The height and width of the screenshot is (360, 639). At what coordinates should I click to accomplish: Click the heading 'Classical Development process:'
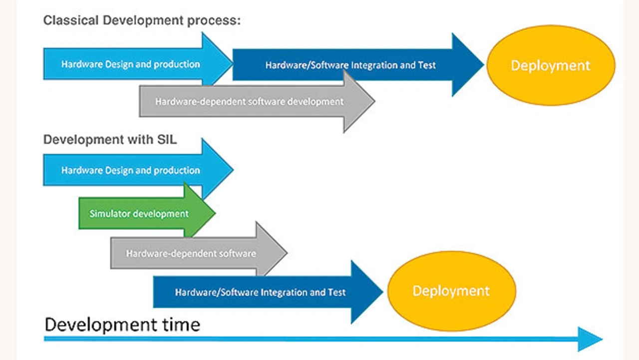pyautogui.click(x=142, y=20)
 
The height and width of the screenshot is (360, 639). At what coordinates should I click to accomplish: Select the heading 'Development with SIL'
pyautogui.click(x=110, y=140)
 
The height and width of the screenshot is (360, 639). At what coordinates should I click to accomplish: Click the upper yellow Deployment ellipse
pyautogui.click(x=551, y=65)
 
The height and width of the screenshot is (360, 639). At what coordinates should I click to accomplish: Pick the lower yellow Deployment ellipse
pyautogui.click(x=452, y=291)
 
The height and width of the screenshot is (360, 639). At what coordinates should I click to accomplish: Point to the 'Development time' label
pyautogui.click(x=122, y=325)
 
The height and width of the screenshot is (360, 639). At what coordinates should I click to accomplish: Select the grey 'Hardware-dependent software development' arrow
pyautogui.click(x=257, y=101)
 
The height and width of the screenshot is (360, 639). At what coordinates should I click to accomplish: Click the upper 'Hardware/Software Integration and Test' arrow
pyautogui.click(x=358, y=65)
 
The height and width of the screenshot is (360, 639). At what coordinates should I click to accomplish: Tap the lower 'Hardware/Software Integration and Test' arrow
pyautogui.click(x=268, y=292)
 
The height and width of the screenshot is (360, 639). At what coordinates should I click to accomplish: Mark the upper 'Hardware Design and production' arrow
pyautogui.click(x=138, y=63)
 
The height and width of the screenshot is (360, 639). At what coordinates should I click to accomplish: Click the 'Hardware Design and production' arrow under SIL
pyautogui.click(x=138, y=170)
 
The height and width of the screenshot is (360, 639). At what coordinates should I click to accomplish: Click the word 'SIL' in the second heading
pyautogui.click(x=167, y=140)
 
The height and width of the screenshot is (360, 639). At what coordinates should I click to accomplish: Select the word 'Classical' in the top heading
pyautogui.click(x=71, y=20)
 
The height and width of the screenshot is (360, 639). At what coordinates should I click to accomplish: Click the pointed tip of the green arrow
pyautogui.click(x=215, y=213)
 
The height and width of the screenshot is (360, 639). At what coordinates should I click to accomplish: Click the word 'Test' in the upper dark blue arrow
pyautogui.click(x=427, y=65)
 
